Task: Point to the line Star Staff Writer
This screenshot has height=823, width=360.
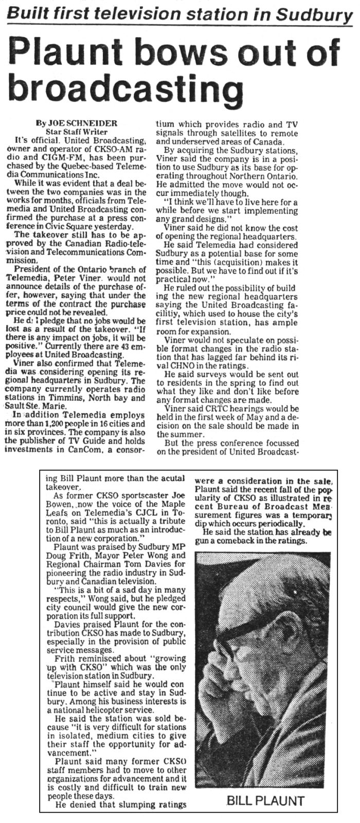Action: pyautogui.click(x=77, y=132)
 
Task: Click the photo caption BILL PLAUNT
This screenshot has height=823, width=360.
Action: pyautogui.click(x=265, y=800)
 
